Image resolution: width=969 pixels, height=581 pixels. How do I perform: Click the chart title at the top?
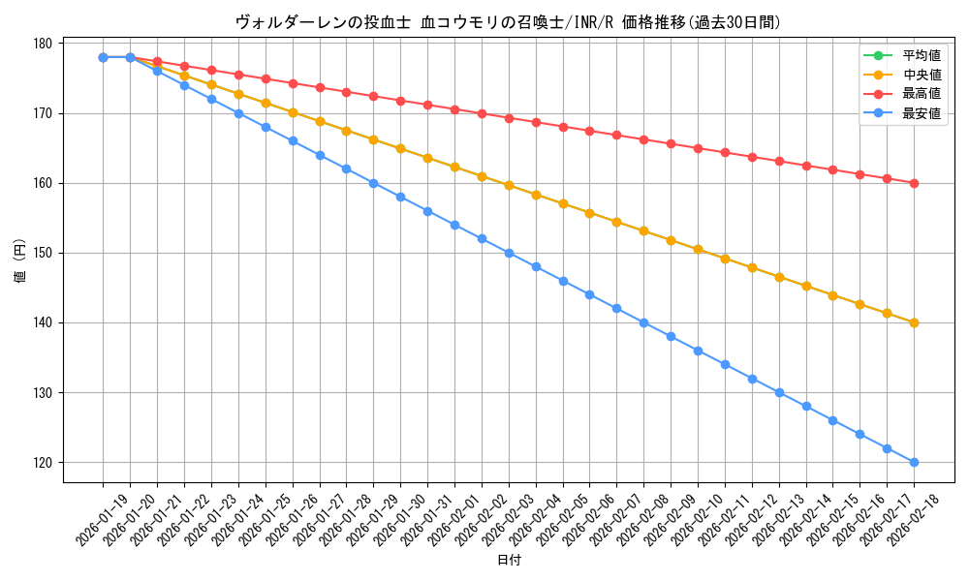click(508, 22)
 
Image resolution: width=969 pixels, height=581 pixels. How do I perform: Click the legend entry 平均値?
click(921, 55)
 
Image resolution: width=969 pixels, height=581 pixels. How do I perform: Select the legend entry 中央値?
click(921, 75)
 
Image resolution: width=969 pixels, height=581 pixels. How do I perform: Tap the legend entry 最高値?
click(921, 94)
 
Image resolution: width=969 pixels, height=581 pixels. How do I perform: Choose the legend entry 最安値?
click(921, 113)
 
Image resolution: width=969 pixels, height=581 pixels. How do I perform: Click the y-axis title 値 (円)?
click(19, 262)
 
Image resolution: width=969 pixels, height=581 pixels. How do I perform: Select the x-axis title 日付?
click(508, 561)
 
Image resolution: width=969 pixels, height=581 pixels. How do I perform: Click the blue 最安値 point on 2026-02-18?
click(914, 462)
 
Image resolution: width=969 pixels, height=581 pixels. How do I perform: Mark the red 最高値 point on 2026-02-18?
click(914, 183)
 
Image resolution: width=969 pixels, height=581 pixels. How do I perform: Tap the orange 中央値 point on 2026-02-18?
click(914, 322)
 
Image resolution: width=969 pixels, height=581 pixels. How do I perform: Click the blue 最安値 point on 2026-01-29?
click(373, 183)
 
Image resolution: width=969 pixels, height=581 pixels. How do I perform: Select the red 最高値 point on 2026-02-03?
click(509, 118)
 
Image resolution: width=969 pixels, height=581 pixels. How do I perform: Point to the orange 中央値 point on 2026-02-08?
click(643, 230)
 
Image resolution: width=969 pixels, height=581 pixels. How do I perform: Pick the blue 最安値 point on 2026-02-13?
click(779, 392)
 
